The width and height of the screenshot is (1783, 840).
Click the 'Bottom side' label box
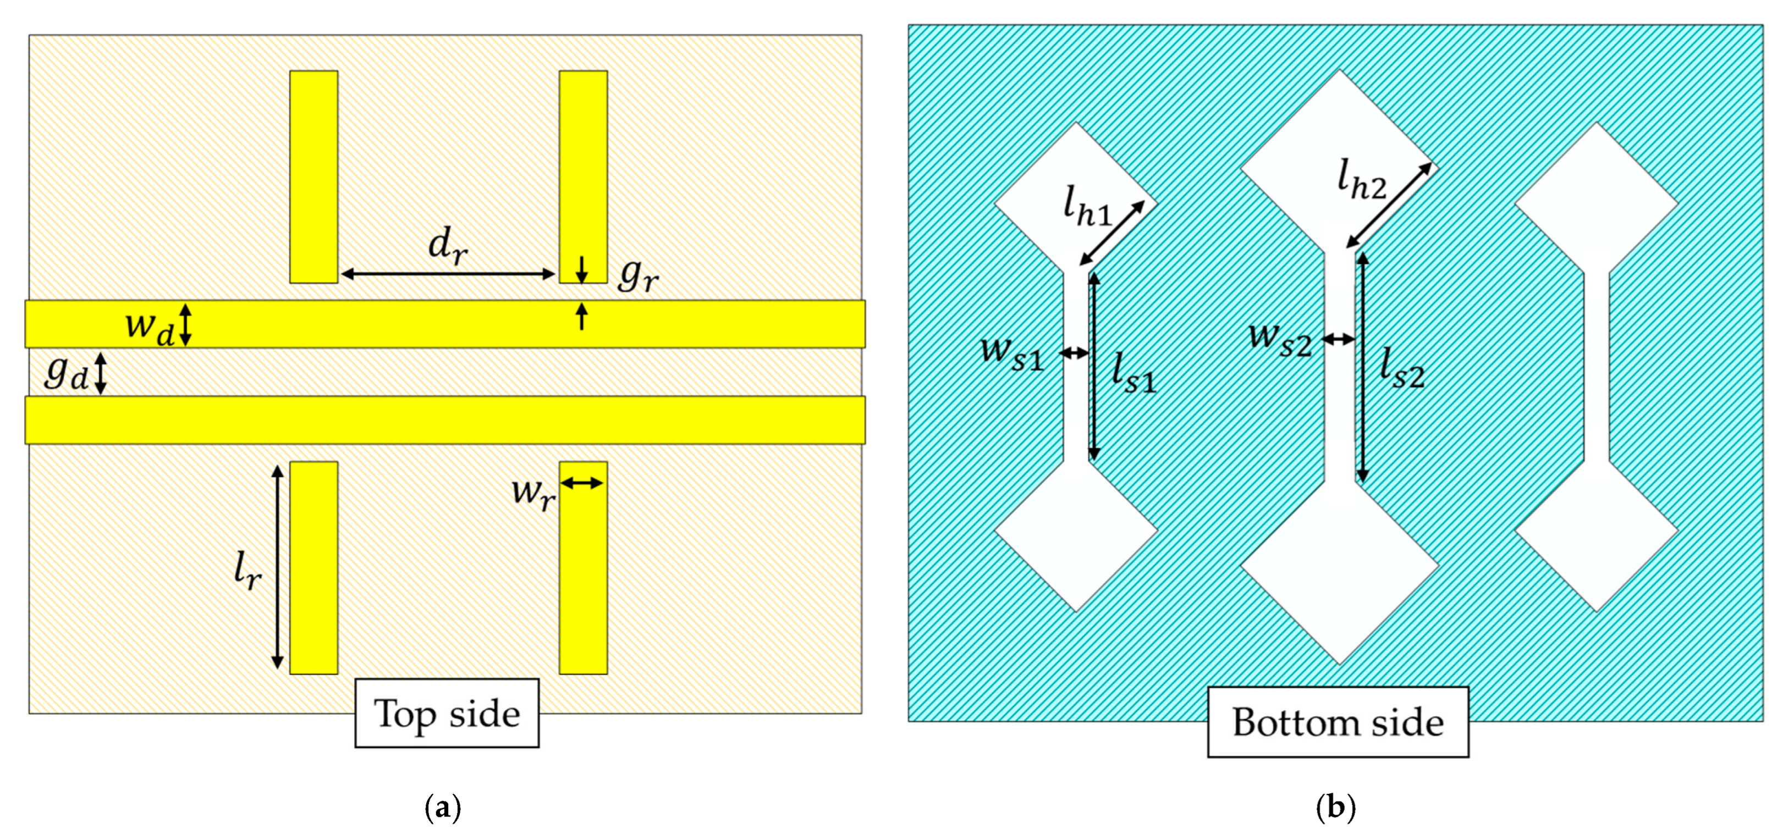pyautogui.click(x=1338, y=722)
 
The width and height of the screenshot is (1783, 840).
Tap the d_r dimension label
pyautogui.click(x=448, y=246)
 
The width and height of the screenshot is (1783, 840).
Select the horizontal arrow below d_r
pyautogui.click(x=448, y=274)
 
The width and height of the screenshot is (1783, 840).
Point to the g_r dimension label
pyautogui.click(x=637, y=275)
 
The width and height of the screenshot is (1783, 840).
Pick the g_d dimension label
pyautogui.click(x=67, y=374)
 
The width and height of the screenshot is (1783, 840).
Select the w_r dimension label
pyautogui.click(x=532, y=493)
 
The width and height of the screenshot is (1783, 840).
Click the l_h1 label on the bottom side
pyautogui.click(x=1087, y=207)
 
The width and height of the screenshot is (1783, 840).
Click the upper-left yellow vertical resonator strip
pyautogui.click(x=313, y=176)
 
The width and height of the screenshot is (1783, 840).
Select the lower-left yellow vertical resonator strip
pyautogui.click(x=313, y=567)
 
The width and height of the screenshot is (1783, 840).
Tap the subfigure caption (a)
pyautogui.click(x=442, y=808)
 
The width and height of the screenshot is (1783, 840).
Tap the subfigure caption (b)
pyautogui.click(x=1335, y=808)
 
